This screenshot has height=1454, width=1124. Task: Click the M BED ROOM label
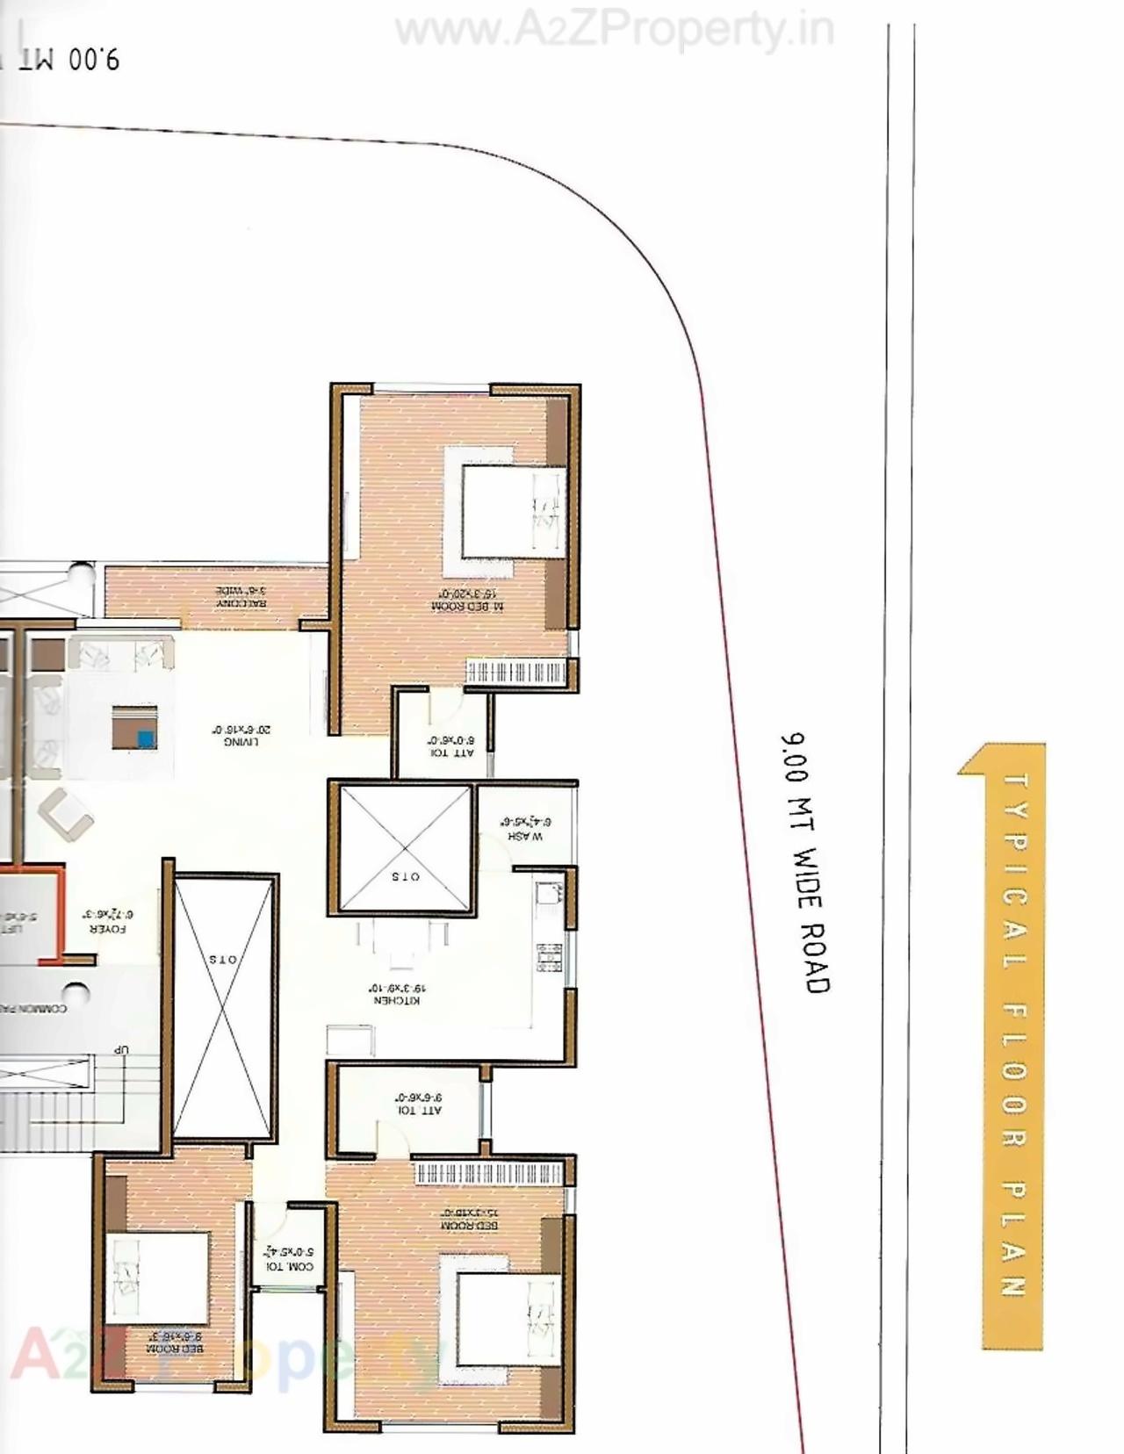469,601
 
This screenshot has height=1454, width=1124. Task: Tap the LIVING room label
241,735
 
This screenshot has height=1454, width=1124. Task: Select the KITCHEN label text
397,994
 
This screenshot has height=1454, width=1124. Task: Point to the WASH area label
525,830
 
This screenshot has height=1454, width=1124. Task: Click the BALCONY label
241,597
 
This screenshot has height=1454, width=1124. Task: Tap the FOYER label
109,921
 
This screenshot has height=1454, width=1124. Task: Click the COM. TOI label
290,1259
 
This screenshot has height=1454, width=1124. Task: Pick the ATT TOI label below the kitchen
419,1104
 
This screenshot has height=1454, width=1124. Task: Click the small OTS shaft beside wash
405,849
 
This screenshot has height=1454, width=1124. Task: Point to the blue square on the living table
146,739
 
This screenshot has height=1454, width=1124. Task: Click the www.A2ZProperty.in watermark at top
614,32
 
